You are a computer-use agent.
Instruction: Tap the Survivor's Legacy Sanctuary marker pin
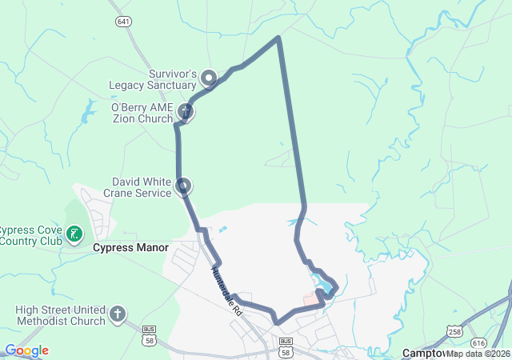click(209, 78)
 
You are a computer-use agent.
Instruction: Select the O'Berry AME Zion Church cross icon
click(185, 111)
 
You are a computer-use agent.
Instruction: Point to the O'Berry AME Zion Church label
click(142, 112)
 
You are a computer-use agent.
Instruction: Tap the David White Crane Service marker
click(184, 186)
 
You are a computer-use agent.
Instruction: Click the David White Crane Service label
click(142, 187)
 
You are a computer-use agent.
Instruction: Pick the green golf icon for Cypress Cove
click(74, 234)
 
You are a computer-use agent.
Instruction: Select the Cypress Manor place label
click(130, 248)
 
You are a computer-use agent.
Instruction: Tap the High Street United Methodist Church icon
click(118, 314)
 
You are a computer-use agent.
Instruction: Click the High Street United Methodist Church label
click(60, 315)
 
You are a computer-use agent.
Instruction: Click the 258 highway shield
click(454, 330)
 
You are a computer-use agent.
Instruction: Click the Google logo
click(26, 350)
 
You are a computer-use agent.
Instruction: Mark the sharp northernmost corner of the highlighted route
click(278, 37)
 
